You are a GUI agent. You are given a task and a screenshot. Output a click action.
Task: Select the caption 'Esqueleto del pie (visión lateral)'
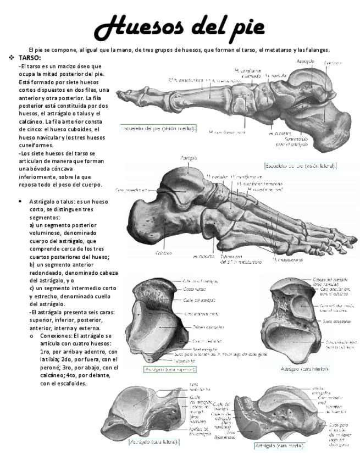[x=301, y=165]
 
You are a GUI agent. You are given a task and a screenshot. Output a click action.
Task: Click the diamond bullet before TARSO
[x=11, y=58]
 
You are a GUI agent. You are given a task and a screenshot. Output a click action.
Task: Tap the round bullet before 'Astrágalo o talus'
[x=20, y=202]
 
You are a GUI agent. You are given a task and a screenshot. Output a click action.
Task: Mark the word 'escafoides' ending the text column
[x=71, y=384]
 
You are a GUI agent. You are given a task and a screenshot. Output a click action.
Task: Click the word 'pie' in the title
[x=245, y=26]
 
